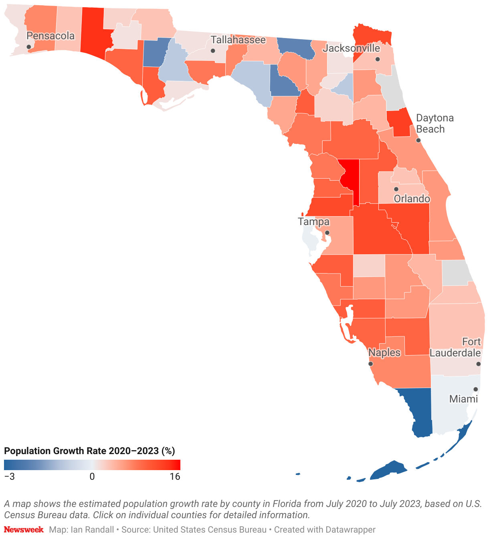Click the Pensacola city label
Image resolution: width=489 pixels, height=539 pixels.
pyautogui.click(x=51, y=36)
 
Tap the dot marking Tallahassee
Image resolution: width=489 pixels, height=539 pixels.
pyautogui.click(x=213, y=51)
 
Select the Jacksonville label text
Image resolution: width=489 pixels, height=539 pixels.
pyautogui.click(x=352, y=48)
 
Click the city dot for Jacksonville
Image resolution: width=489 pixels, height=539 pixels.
pyautogui.click(x=377, y=59)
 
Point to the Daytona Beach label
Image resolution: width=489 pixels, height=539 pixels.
pyautogui.click(x=434, y=123)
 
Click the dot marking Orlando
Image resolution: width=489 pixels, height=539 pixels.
pyautogui.click(x=396, y=189)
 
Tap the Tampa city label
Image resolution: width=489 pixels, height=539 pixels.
pyautogui.click(x=313, y=222)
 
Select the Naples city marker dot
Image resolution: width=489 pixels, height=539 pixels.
pyautogui.click(x=370, y=364)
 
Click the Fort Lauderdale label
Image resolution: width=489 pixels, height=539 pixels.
pyautogui.click(x=455, y=347)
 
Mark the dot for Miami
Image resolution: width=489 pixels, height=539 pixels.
pyautogui.click(x=476, y=389)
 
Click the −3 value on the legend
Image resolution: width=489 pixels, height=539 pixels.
pyautogui.click(x=9, y=477)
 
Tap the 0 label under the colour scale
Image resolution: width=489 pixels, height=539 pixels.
pyautogui.click(x=92, y=477)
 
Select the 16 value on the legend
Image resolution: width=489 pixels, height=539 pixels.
pyautogui.click(x=175, y=477)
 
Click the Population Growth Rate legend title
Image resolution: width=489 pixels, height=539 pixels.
pyautogui.click(x=89, y=451)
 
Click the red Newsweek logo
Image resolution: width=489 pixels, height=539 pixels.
pyautogui.click(x=24, y=530)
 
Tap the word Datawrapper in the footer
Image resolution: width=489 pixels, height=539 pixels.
pyautogui.click(x=350, y=530)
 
